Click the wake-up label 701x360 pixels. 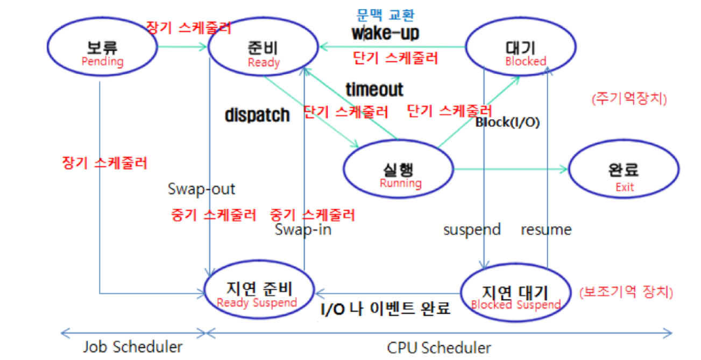385,32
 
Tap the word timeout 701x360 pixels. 374,89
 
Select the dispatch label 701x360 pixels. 257,115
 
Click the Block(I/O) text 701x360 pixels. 507,122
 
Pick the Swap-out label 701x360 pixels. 201,189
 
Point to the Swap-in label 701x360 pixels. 303,230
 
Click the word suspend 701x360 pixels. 472,230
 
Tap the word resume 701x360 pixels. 546,230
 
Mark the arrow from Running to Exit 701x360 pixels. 511,169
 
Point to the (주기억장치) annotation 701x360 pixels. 629,99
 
